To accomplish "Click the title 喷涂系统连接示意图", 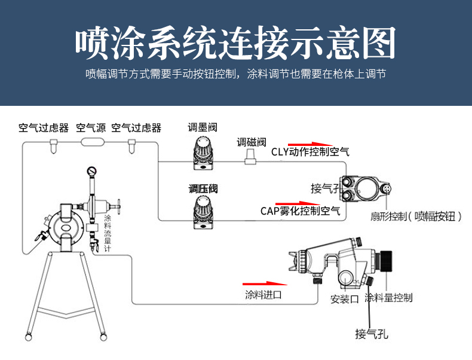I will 235,42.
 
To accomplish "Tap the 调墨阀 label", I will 202,127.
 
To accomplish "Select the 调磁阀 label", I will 250,142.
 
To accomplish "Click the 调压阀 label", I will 203,189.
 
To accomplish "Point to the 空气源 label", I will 91,127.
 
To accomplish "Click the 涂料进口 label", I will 263,295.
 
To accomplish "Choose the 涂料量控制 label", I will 388,297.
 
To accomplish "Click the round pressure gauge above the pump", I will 91,172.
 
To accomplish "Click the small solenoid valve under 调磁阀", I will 250,157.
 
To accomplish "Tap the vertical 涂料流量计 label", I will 108,233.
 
